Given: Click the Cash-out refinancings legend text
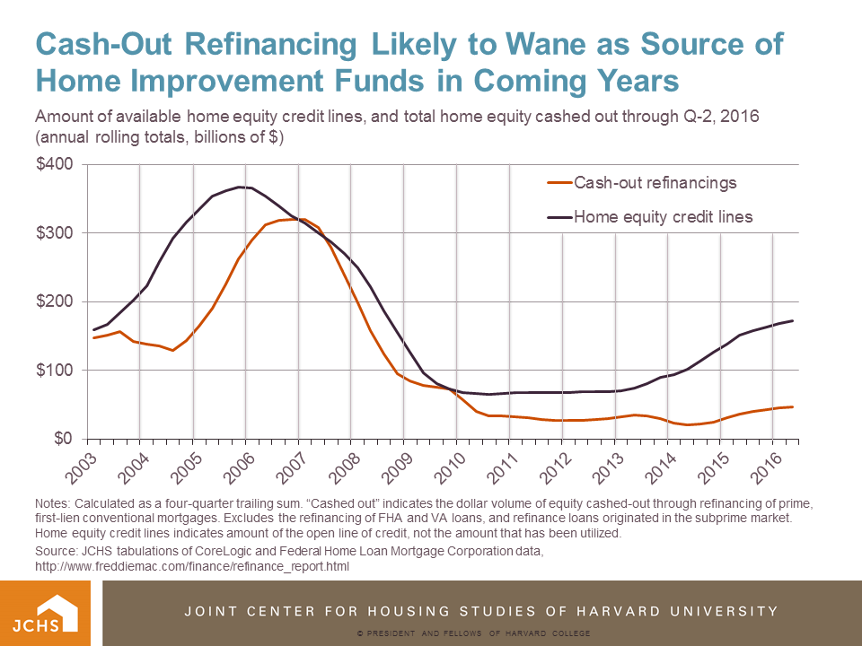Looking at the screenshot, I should coord(655,183).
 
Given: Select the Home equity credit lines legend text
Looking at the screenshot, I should coord(663,216).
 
